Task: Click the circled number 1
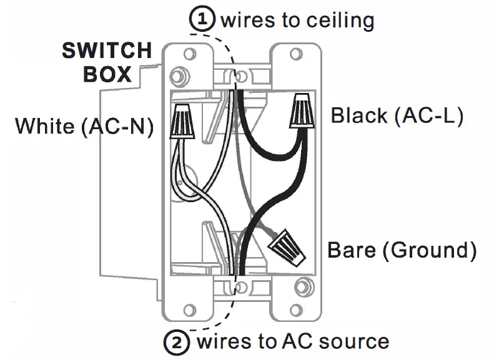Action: (x=202, y=19)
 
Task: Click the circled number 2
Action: (x=177, y=342)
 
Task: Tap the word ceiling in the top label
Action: (x=340, y=21)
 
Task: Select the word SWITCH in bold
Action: (x=107, y=51)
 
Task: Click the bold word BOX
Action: (x=107, y=74)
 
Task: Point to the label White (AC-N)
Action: (x=84, y=126)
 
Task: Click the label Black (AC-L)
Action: (x=397, y=115)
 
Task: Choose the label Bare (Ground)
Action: (x=402, y=250)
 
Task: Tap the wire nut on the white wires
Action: (x=182, y=121)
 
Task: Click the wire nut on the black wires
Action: (x=302, y=110)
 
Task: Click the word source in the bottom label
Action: (x=354, y=341)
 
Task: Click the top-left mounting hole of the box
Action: (x=190, y=54)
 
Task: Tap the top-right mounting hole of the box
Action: (x=296, y=54)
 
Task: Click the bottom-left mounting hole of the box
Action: (x=190, y=310)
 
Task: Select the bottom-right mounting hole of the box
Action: (x=296, y=310)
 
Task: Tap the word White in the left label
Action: (x=45, y=126)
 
